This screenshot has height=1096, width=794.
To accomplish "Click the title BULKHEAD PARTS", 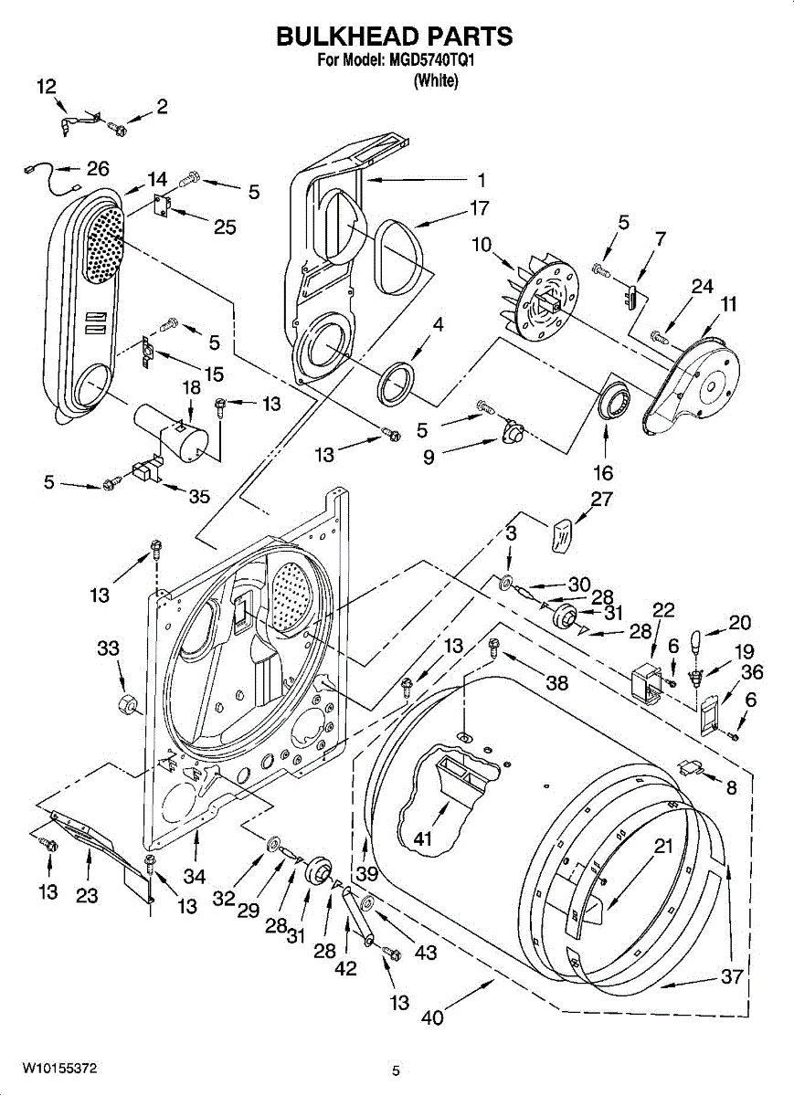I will (x=394, y=37).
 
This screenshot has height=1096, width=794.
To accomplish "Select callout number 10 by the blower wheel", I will (x=482, y=245).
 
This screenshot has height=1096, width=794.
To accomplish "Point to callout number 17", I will (x=479, y=208).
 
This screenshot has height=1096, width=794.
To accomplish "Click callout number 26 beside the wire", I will (x=97, y=168).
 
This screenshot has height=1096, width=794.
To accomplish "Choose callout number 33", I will (x=108, y=648).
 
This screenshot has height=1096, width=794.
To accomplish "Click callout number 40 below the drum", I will (x=431, y=1017).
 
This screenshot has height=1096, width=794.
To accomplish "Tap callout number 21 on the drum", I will (x=663, y=846).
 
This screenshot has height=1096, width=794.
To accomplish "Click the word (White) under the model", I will (x=435, y=80).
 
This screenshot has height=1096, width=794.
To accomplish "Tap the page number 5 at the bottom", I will (x=396, y=1071).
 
